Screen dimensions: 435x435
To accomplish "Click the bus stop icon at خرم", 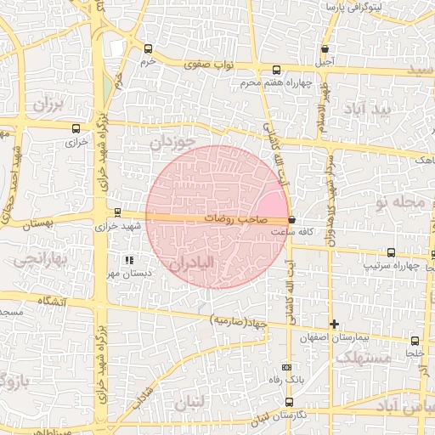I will pyautogui.click(x=149, y=48).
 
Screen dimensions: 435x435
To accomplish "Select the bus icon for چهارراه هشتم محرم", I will pyautogui.click(x=275, y=71).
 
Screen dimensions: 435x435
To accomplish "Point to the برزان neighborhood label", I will pyautogui.click(x=49, y=105).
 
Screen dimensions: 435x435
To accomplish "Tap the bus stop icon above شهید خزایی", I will pyautogui.click(x=117, y=213).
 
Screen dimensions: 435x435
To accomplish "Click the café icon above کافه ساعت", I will pyautogui.click(x=292, y=219).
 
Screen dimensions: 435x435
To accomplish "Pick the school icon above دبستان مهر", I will pyautogui.click(x=128, y=259).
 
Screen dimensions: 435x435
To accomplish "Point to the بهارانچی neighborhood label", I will pyautogui.click(x=36, y=257).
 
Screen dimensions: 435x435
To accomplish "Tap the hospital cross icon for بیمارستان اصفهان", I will pyautogui.click(x=335, y=324).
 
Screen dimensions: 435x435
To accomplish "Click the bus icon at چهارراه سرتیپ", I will pyautogui.click(x=391, y=252).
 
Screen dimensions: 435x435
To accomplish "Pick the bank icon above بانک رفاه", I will pyautogui.click(x=286, y=367).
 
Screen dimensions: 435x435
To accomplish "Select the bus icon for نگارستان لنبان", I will pyautogui.click(x=290, y=402).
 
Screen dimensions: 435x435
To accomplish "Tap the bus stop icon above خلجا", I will pyautogui.click(x=415, y=340).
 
